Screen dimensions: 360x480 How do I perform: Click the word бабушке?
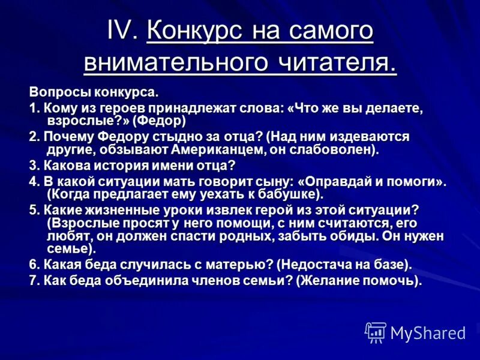pos(287,194)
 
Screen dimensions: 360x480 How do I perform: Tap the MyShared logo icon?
pos(376,332)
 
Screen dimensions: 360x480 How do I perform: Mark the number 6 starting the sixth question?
pos(33,264)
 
